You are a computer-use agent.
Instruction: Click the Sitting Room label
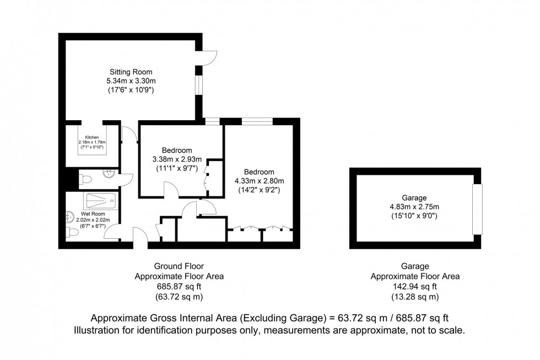click(x=131, y=72)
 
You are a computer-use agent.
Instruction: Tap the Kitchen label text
click(x=91, y=137)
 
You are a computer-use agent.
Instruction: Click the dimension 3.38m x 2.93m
click(x=177, y=159)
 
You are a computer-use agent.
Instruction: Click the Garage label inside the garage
click(x=414, y=198)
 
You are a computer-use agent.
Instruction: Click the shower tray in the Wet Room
click(x=101, y=200)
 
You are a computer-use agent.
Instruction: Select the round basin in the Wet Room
click(x=69, y=215)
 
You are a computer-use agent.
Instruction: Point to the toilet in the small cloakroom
click(x=85, y=178)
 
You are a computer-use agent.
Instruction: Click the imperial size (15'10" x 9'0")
click(x=414, y=216)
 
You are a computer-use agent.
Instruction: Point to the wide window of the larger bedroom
click(x=258, y=121)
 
